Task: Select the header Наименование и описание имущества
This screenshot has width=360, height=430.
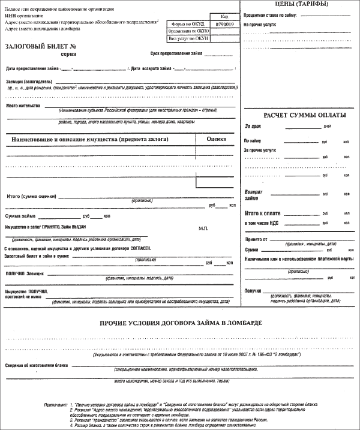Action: click(x=89, y=139)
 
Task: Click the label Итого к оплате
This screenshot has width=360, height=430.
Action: click(x=264, y=212)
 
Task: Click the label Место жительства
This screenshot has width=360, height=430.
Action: click(x=23, y=105)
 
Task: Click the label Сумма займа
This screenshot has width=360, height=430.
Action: click(x=20, y=215)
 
